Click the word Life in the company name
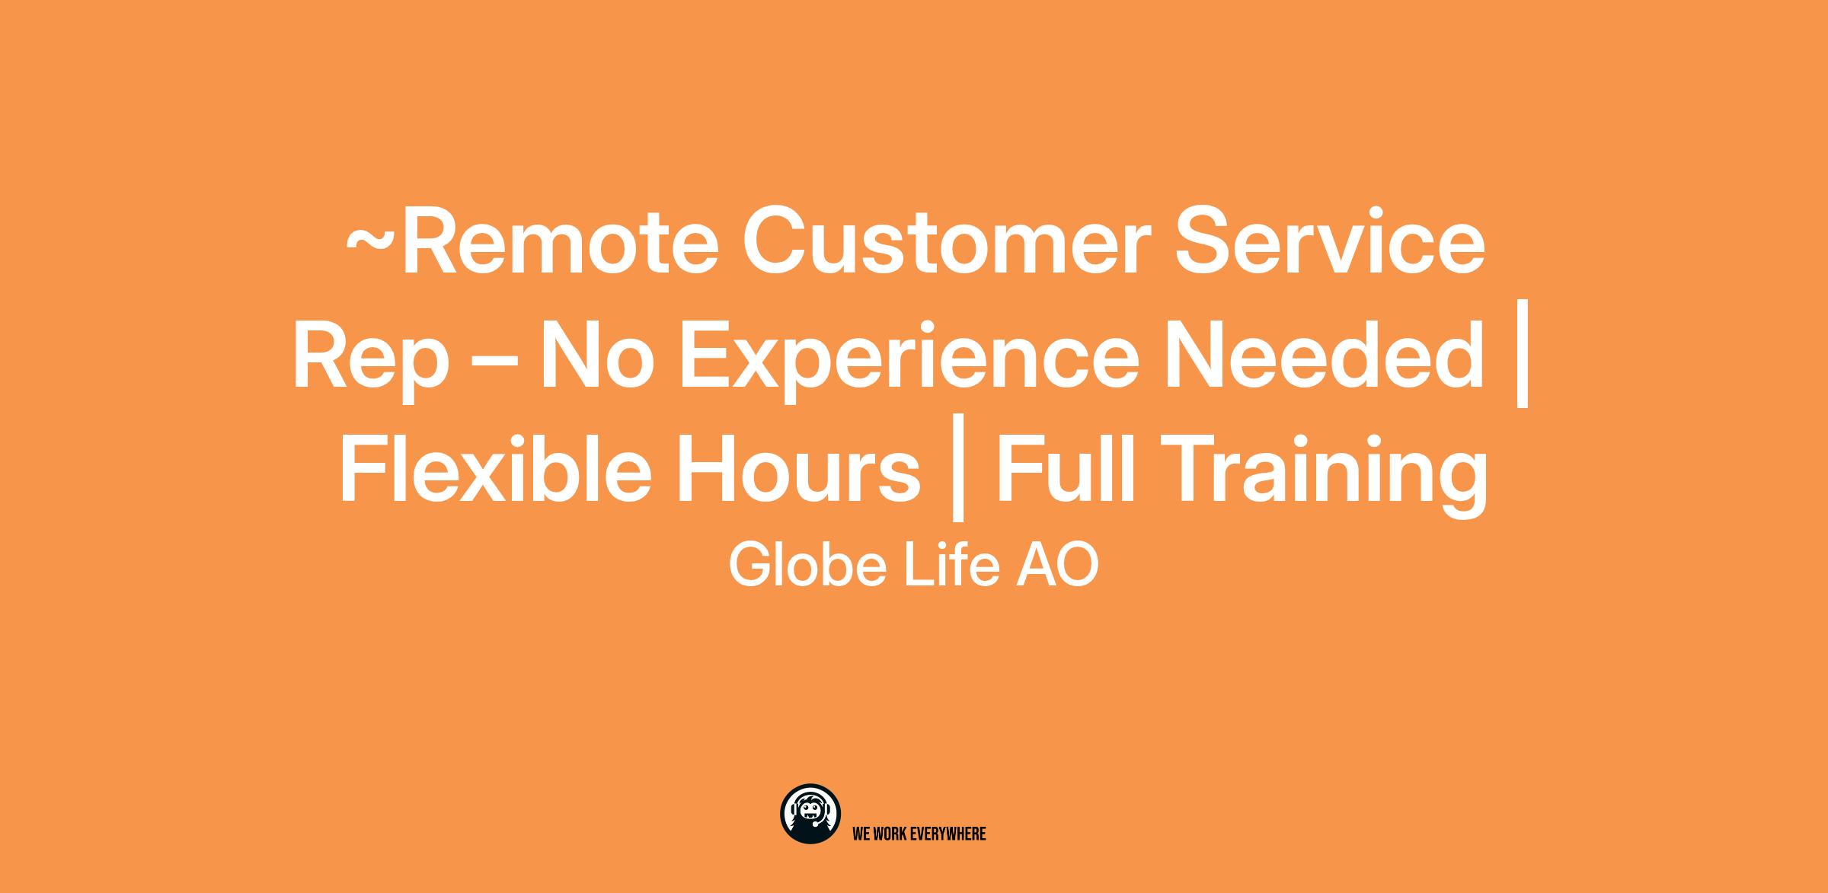pyautogui.click(x=951, y=565)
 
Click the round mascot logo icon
pyautogui.click(x=810, y=814)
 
